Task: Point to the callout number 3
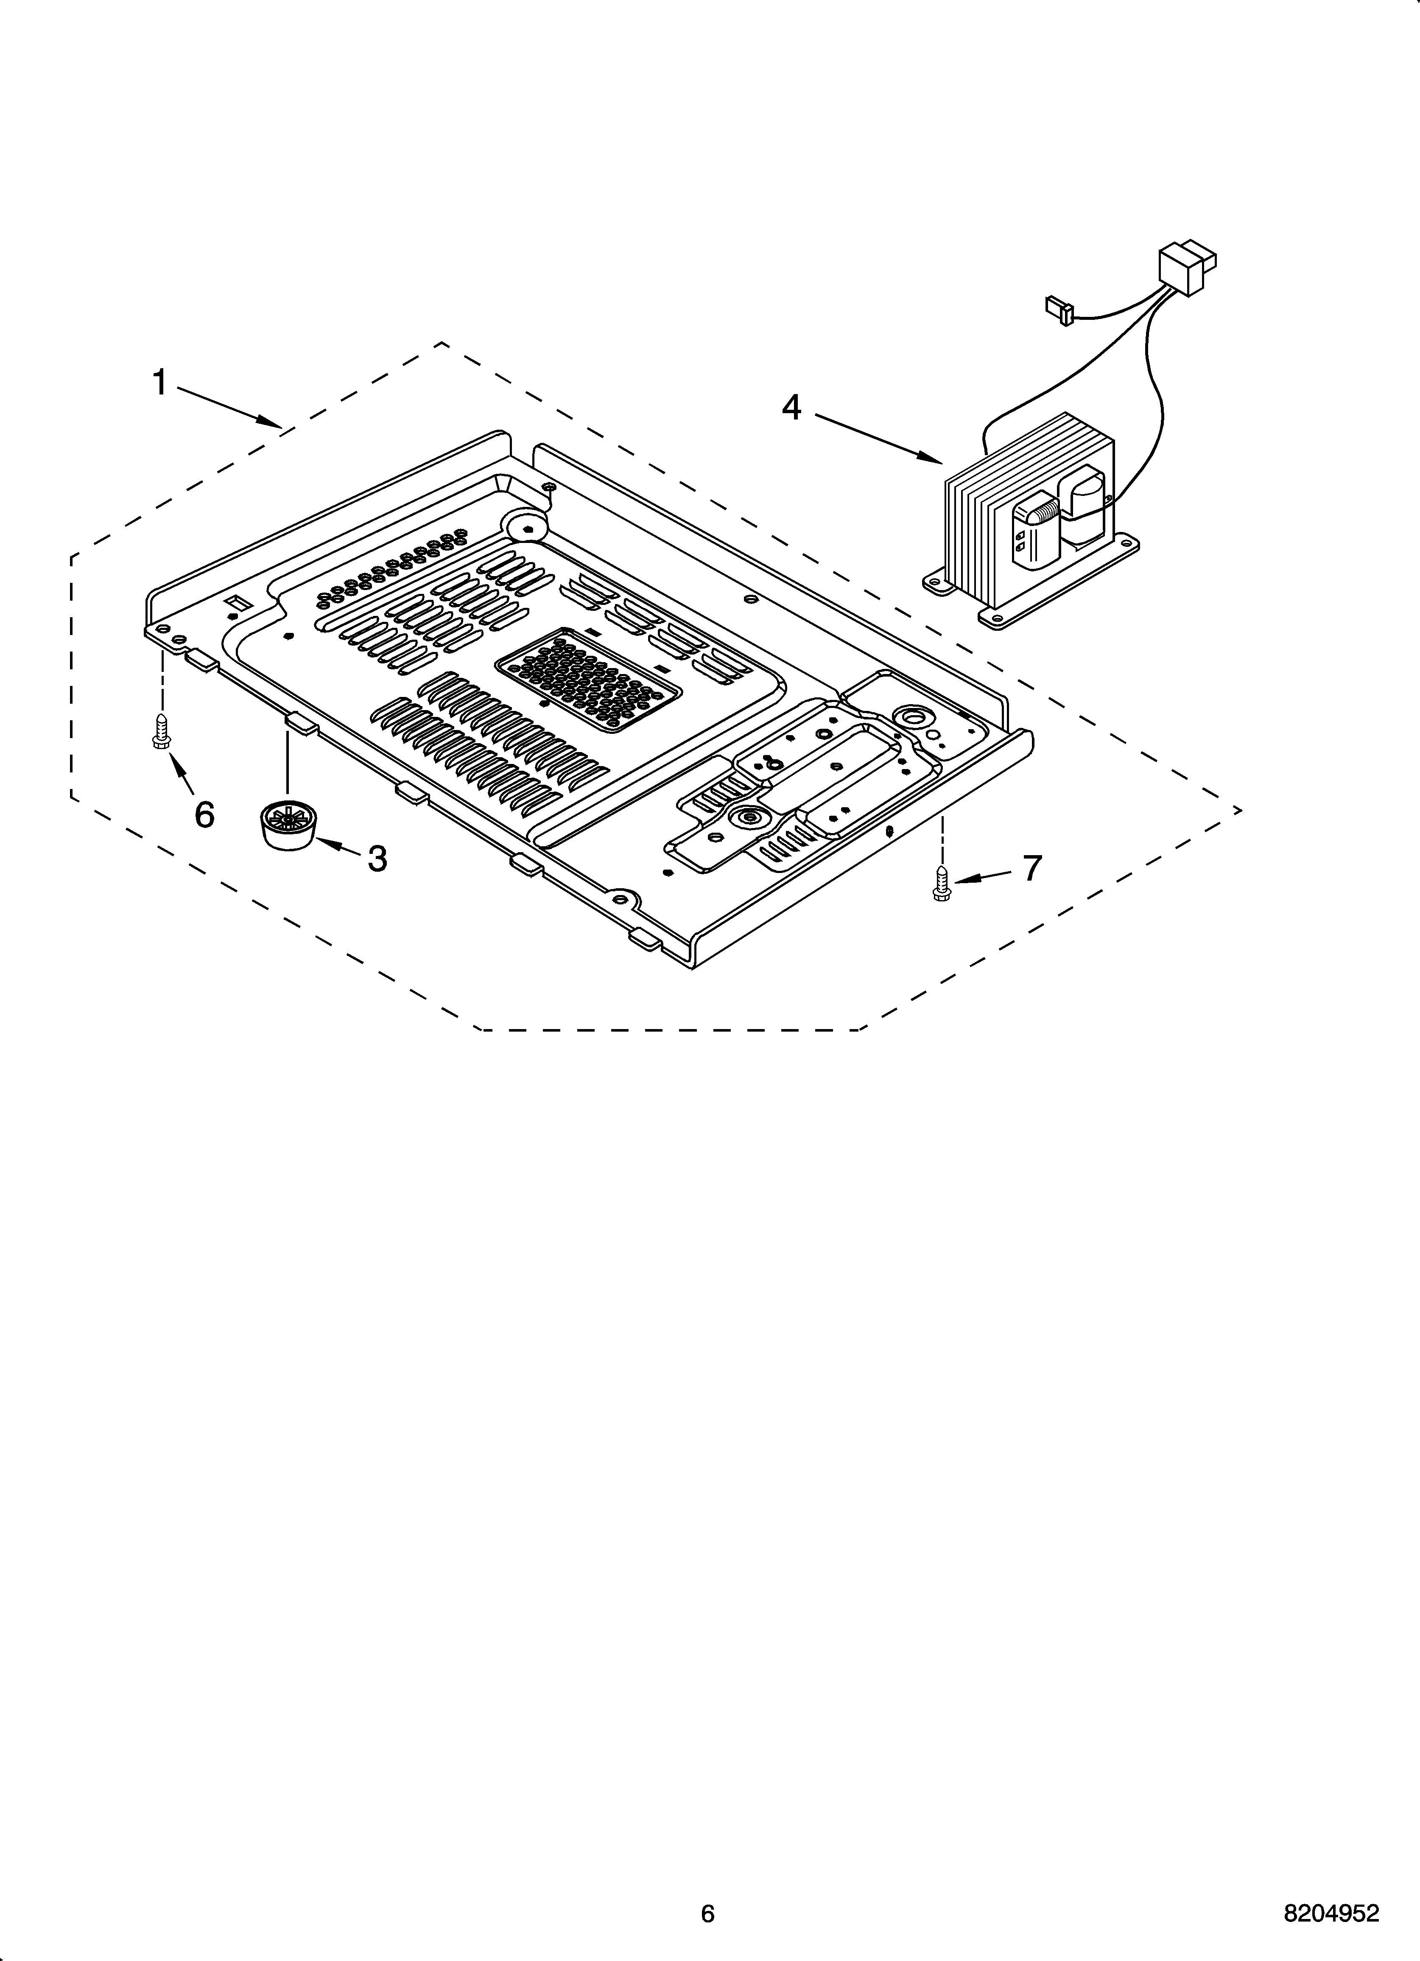(x=377, y=859)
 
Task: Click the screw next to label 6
(x=160, y=730)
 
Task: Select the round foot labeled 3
(x=286, y=826)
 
